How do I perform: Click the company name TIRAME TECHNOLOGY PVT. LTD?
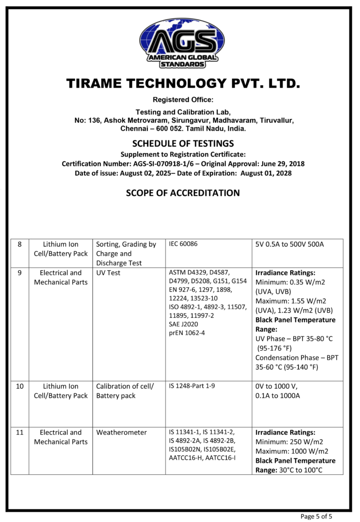tap(180, 84)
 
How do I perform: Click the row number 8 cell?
tap(20, 244)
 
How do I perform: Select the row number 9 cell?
tap(20, 273)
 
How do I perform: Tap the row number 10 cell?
tap(20, 386)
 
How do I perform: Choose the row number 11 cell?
tap(20, 432)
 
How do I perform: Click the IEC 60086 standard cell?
tap(183, 244)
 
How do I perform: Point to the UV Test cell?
tap(108, 273)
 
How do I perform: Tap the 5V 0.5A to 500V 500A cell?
tap(290, 244)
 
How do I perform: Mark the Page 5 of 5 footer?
tap(316, 516)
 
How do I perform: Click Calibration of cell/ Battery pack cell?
tap(125, 391)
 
